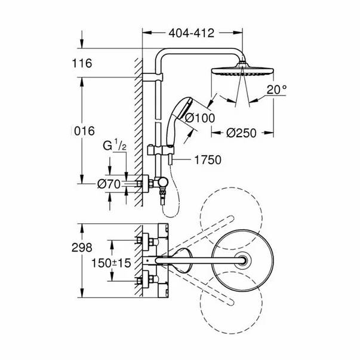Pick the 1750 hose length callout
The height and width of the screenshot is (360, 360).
click(207, 159)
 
